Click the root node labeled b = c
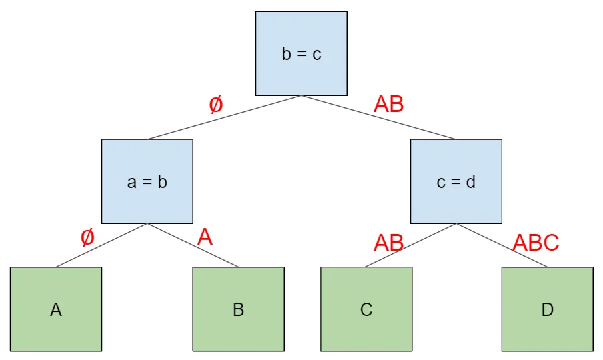click(301, 53)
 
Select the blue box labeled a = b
click(147, 181)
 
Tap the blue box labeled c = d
click(456, 181)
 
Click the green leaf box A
click(56, 309)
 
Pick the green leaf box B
click(238, 309)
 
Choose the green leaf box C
click(366, 309)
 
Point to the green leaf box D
click(547, 309)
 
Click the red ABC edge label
click(535, 243)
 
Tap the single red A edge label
click(205, 237)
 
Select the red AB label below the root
click(388, 105)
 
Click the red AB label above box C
click(388, 243)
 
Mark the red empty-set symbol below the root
click(215, 105)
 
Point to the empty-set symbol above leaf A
click(87, 237)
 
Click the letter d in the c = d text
click(471, 181)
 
